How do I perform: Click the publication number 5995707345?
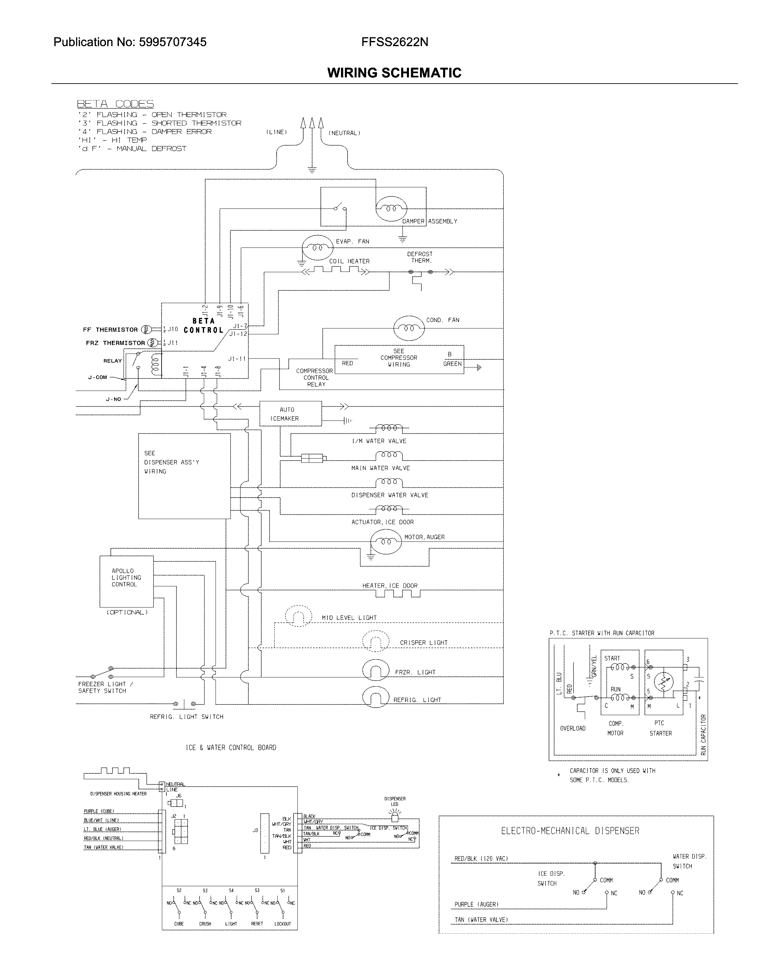[172, 42]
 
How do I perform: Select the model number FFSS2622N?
[394, 42]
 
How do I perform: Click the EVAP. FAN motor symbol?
[317, 248]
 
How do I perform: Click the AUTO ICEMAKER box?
[290, 414]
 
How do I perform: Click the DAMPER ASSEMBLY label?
[429, 221]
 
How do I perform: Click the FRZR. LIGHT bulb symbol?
[375, 671]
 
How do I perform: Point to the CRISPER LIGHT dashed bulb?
[375, 641]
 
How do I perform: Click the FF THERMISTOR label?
[110, 330]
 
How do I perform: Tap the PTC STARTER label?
[660, 728]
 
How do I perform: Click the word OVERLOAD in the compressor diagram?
[572, 728]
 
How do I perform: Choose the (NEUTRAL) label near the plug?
[344, 133]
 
